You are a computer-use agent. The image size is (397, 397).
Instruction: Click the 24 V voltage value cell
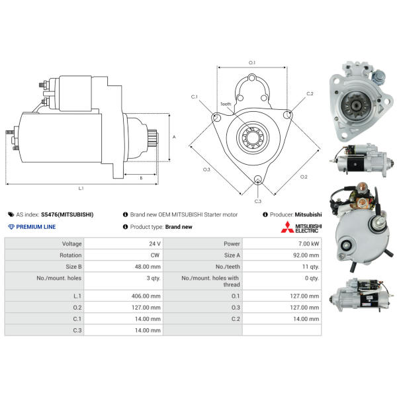point(155,243)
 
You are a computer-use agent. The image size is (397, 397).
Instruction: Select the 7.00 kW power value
point(308,243)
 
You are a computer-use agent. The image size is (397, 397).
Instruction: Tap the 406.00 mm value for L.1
point(146,296)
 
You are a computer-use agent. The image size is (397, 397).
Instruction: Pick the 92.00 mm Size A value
point(306,255)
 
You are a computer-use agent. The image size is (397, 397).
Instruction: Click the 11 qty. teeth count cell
point(310,267)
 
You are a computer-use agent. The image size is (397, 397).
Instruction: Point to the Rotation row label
point(70,255)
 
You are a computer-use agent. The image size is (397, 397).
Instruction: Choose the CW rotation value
point(155,255)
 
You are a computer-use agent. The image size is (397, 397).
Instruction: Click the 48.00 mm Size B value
point(148,267)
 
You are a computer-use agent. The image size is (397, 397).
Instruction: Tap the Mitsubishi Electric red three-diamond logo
point(287,227)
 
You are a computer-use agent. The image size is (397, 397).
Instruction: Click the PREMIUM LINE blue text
point(36,227)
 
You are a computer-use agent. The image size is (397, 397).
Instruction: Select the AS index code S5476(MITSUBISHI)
point(67,214)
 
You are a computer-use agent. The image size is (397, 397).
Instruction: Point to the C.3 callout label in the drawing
point(258,201)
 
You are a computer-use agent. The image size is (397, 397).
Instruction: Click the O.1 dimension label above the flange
point(252,63)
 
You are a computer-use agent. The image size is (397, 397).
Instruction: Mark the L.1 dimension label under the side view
point(81,188)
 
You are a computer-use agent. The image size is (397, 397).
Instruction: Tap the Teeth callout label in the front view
point(226,104)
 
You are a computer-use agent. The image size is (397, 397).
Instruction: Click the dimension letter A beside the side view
point(174,137)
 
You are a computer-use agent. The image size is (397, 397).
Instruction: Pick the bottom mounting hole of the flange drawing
point(258,179)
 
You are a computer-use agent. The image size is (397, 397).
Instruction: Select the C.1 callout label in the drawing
point(194,97)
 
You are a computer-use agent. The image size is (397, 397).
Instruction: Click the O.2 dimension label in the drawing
point(304,177)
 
